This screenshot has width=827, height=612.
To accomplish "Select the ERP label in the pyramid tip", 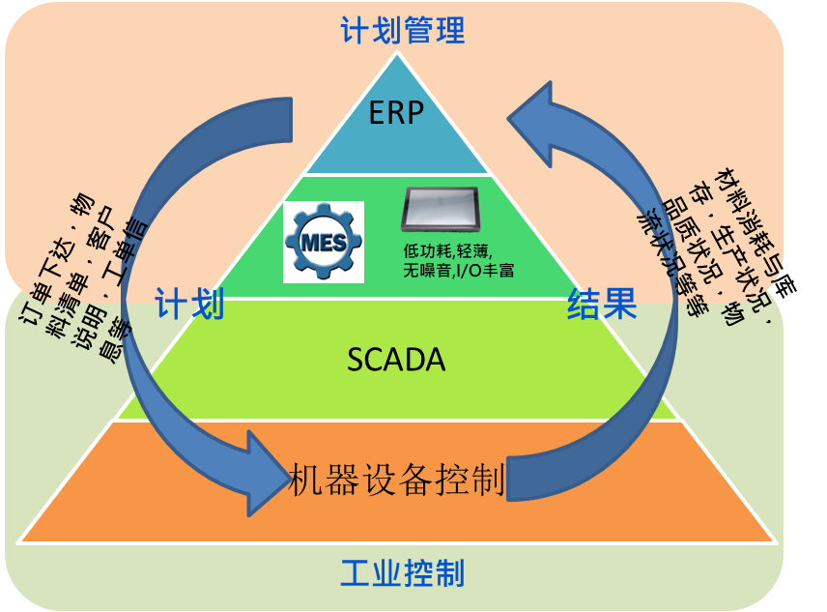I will coord(396,113).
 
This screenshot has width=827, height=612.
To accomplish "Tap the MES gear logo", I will coord(323,242).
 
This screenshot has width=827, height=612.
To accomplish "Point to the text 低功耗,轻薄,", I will coord(447,250).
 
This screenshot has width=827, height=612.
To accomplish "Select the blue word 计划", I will coord(189,305).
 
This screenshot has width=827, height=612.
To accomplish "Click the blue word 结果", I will coord(602,305).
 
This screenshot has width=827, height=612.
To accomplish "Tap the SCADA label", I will coord(396,360).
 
